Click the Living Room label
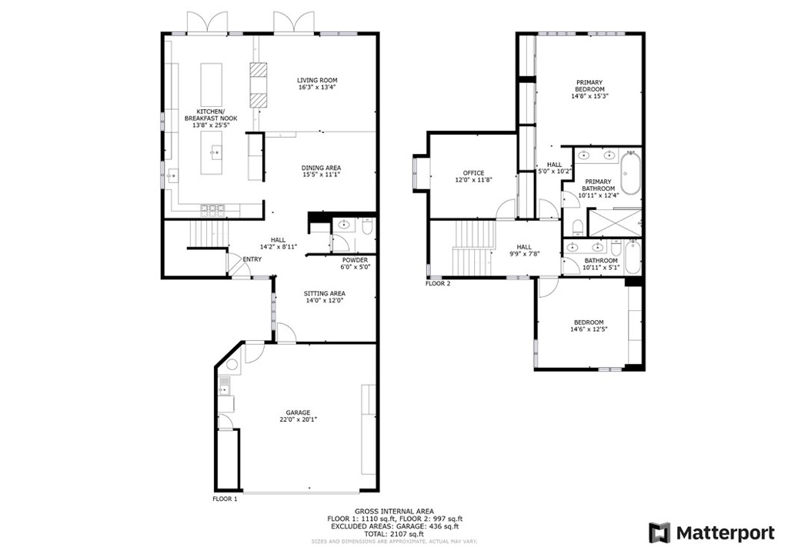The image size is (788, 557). point(318,80)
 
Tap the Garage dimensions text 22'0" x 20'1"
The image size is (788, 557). point(299,420)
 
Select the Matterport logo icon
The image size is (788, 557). point(659,532)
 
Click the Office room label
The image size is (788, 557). point(473,172)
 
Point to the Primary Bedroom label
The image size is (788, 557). point(589,85)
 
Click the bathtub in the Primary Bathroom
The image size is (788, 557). point(631,176)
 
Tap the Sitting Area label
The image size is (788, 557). point(324,293)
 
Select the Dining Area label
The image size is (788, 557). point(321,168)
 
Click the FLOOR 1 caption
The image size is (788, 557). point(225,499)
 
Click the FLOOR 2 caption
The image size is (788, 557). point(438,283)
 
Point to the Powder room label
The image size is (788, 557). point(356,260)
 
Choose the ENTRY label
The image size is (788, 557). point(252,259)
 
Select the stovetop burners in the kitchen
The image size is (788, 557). point(213,208)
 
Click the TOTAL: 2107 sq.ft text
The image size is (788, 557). point(394,533)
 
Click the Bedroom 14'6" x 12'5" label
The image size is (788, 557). point(587,322)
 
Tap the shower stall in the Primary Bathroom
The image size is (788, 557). point(615,222)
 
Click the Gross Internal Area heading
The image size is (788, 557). point(394,511)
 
